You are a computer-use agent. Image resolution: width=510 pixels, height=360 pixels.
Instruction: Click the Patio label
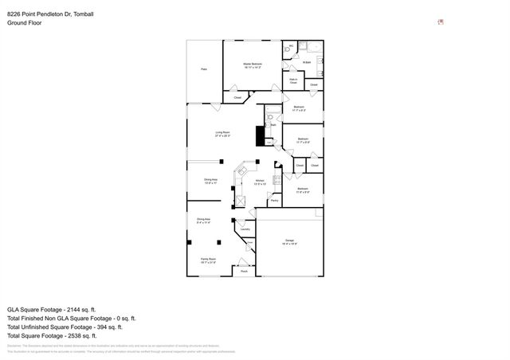(204, 70)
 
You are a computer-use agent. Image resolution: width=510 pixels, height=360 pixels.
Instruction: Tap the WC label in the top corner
(292, 45)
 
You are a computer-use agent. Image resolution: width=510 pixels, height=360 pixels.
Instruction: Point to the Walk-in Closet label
(293, 80)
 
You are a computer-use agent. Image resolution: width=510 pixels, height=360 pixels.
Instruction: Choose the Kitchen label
(260, 181)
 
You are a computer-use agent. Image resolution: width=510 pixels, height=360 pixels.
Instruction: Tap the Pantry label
(274, 201)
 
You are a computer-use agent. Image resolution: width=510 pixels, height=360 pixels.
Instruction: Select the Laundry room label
(245, 229)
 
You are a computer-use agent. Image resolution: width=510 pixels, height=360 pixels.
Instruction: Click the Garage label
(290, 240)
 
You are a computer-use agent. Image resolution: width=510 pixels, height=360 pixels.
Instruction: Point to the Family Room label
(208, 260)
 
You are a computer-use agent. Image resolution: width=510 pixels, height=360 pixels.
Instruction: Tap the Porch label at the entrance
(244, 272)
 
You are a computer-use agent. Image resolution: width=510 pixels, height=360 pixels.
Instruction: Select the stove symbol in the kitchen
(277, 179)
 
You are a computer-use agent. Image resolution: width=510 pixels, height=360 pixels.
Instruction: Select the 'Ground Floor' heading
(24, 23)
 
